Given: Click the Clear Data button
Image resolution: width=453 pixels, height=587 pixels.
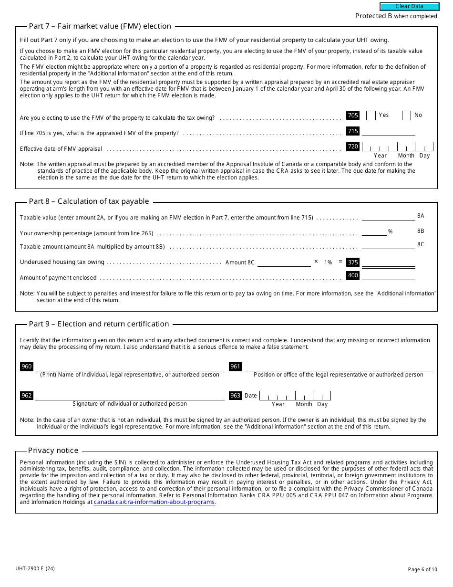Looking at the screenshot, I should pyautogui.click(x=409, y=7).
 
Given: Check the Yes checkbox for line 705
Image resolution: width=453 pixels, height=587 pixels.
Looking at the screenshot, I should pyautogui.click(x=371, y=115).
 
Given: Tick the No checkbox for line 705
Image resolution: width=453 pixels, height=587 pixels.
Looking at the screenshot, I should pyautogui.click(x=406, y=115).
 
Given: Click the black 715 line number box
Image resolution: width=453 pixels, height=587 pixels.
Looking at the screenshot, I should pyautogui.click(x=353, y=131).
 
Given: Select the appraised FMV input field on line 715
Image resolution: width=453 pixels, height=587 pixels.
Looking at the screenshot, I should pyautogui.click(x=388, y=132).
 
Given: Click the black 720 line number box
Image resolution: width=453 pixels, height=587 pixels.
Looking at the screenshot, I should pyautogui.click(x=353, y=147).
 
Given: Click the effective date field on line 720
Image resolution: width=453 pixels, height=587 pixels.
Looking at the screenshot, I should pyautogui.click(x=397, y=147).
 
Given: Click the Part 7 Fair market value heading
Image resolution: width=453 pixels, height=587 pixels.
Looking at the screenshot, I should pyautogui.click(x=100, y=26).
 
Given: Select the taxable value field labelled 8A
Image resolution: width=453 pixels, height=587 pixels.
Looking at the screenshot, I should pyautogui.click(x=388, y=216).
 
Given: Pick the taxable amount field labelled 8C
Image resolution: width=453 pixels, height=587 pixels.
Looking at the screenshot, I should pyautogui.click(x=388, y=245).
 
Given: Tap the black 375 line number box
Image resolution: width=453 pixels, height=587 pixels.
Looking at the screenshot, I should pyautogui.click(x=353, y=262).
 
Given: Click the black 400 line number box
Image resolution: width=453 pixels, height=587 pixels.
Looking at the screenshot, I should pyautogui.click(x=353, y=275).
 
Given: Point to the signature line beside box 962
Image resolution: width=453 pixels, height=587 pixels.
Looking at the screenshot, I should pyautogui.click(x=129, y=396).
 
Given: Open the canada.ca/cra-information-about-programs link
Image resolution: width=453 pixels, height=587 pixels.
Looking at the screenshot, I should pyautogui.click(x=154, y=502).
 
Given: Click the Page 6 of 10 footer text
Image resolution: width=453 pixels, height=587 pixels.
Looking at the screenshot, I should pyautogui.click(x=422, y=569).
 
